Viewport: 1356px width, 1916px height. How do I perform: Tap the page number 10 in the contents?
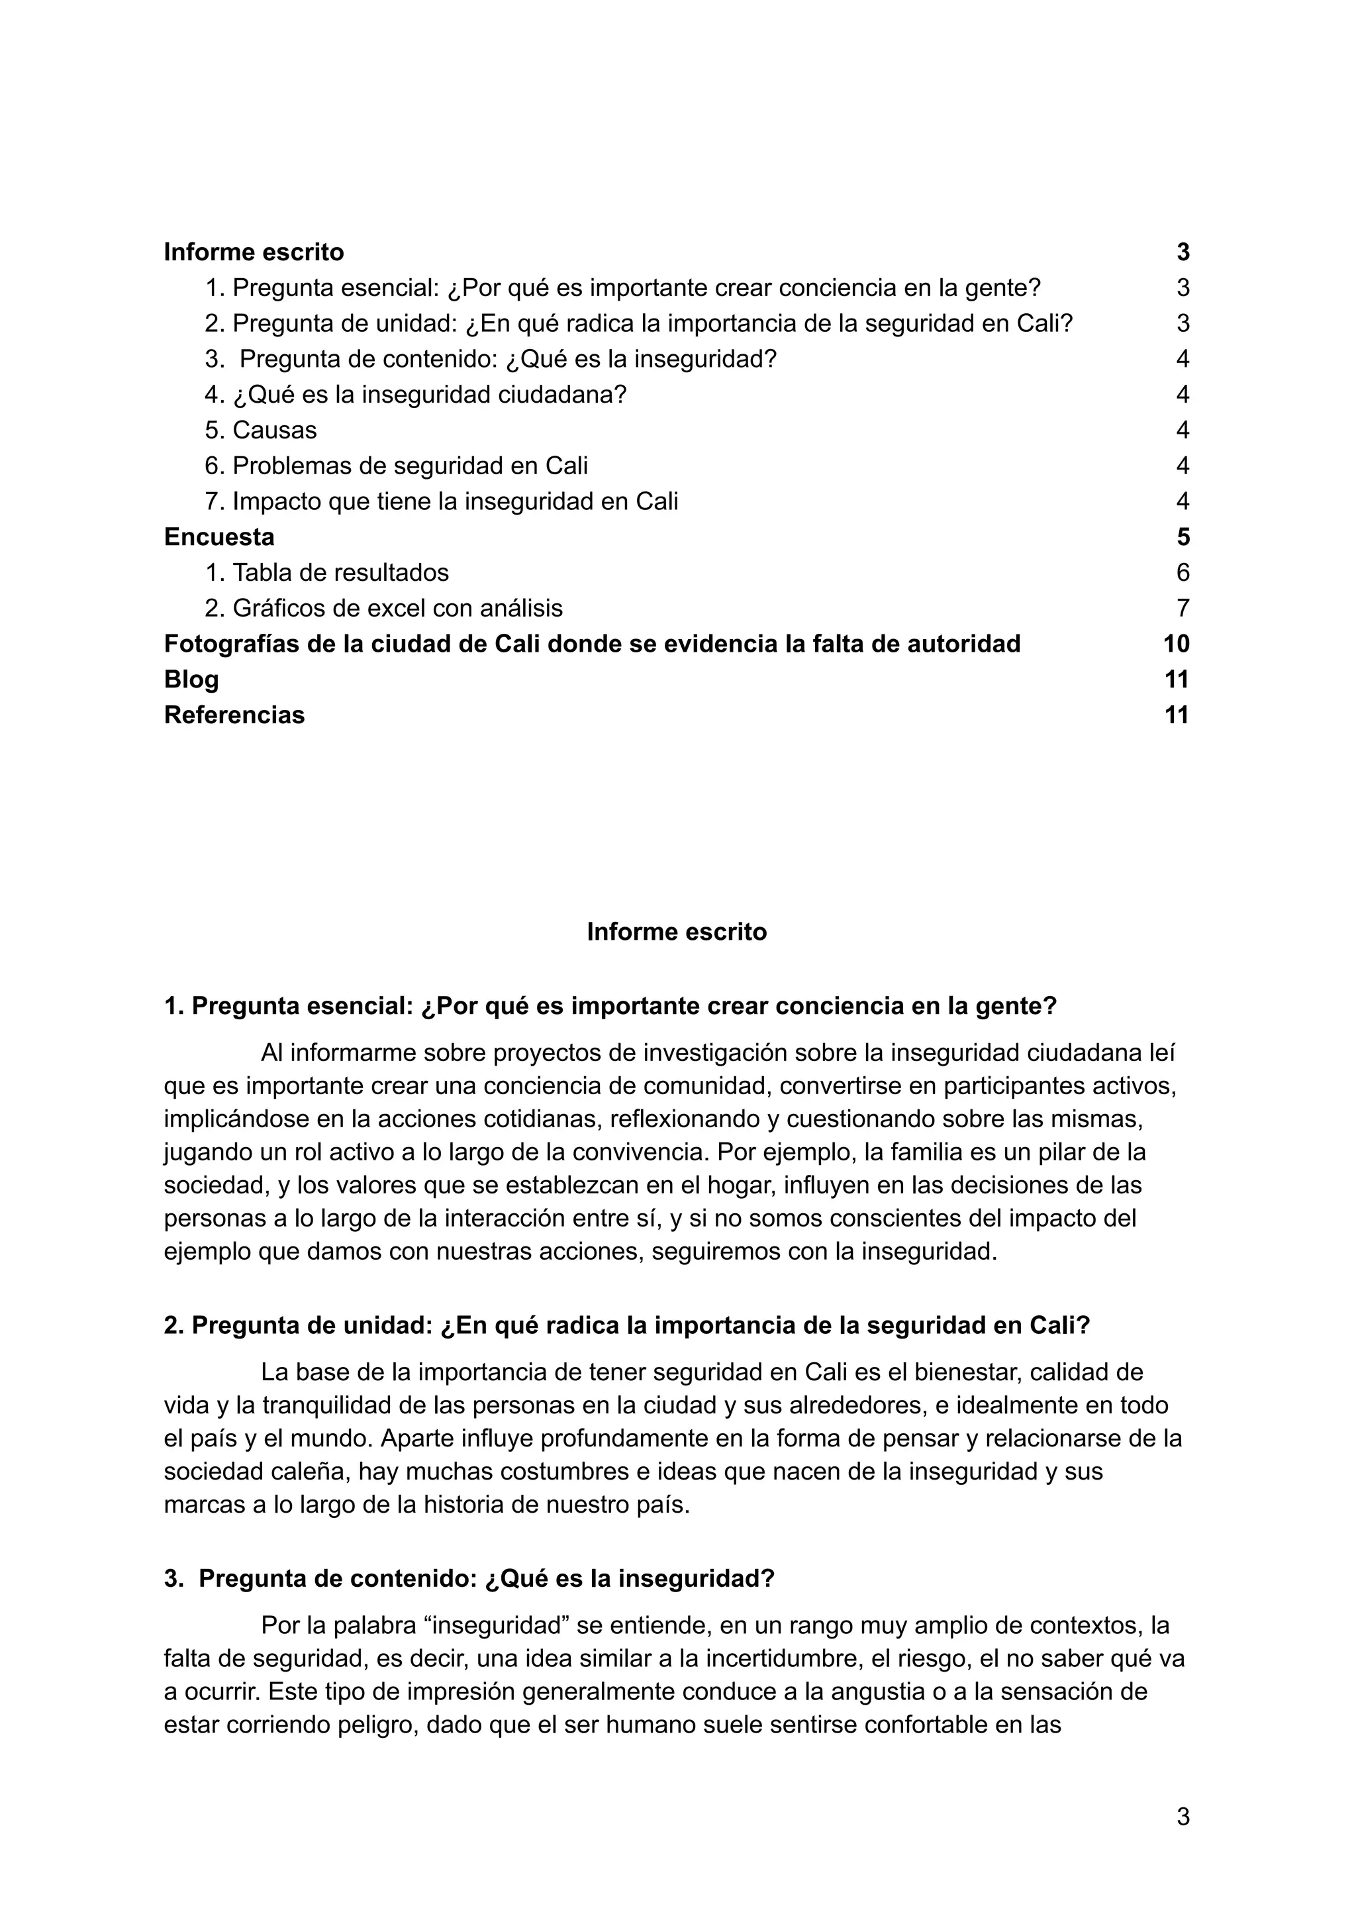pos(1176,644)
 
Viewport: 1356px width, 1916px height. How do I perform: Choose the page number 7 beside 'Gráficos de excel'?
pos(1183,608)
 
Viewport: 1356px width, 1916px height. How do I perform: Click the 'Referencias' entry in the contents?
pos(234,715)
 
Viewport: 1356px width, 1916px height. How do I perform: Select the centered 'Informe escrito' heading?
pos(676,931)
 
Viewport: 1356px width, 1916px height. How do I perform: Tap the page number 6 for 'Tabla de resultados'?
pos(1183,573)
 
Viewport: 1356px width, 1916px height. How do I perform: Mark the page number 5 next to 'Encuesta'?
pos(1183,537)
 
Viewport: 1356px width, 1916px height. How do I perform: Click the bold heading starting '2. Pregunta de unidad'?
pos(626,1325)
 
